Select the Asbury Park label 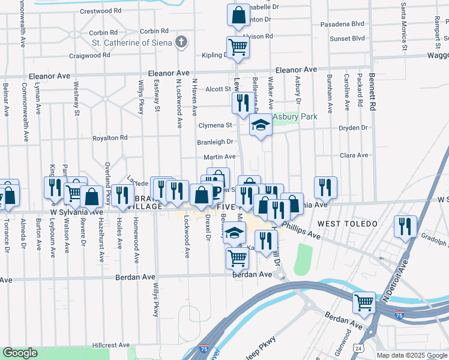tap(295, 116)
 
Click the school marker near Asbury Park tap(260, 126)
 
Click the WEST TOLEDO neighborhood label tap(348, 224)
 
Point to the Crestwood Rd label tap(100, 11)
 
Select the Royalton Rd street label tap(110, 138)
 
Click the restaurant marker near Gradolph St tap(405, 226)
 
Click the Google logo tap(20, 353)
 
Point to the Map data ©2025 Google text tap(411, 355)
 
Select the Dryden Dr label tap(352, 128)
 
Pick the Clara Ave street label tap(354, 155)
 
